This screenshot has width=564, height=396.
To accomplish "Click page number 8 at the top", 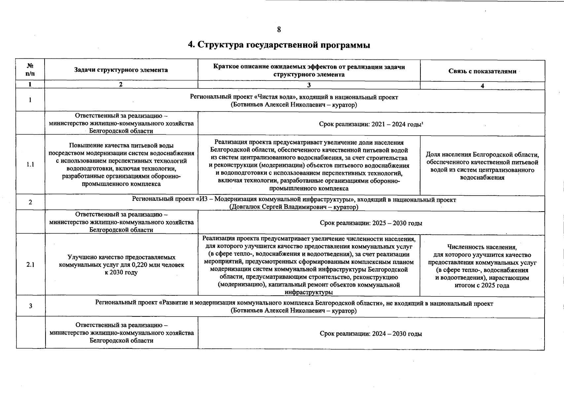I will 279,30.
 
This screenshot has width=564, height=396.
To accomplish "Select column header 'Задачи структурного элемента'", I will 121,70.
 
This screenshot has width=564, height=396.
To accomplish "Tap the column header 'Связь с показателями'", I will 482,71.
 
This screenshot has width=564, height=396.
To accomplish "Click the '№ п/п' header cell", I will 30,69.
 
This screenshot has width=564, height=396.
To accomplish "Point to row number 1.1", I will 30,165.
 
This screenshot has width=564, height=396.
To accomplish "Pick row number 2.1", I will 30,265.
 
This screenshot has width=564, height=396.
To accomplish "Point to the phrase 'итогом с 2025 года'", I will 482,285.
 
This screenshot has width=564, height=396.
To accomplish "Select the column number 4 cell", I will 482,86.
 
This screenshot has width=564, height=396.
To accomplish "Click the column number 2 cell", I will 121,84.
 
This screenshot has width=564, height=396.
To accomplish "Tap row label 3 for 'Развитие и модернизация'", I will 30,306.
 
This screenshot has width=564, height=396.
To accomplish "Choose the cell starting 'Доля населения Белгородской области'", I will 482,166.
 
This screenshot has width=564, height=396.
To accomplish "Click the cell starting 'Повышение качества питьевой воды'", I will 121,165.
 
